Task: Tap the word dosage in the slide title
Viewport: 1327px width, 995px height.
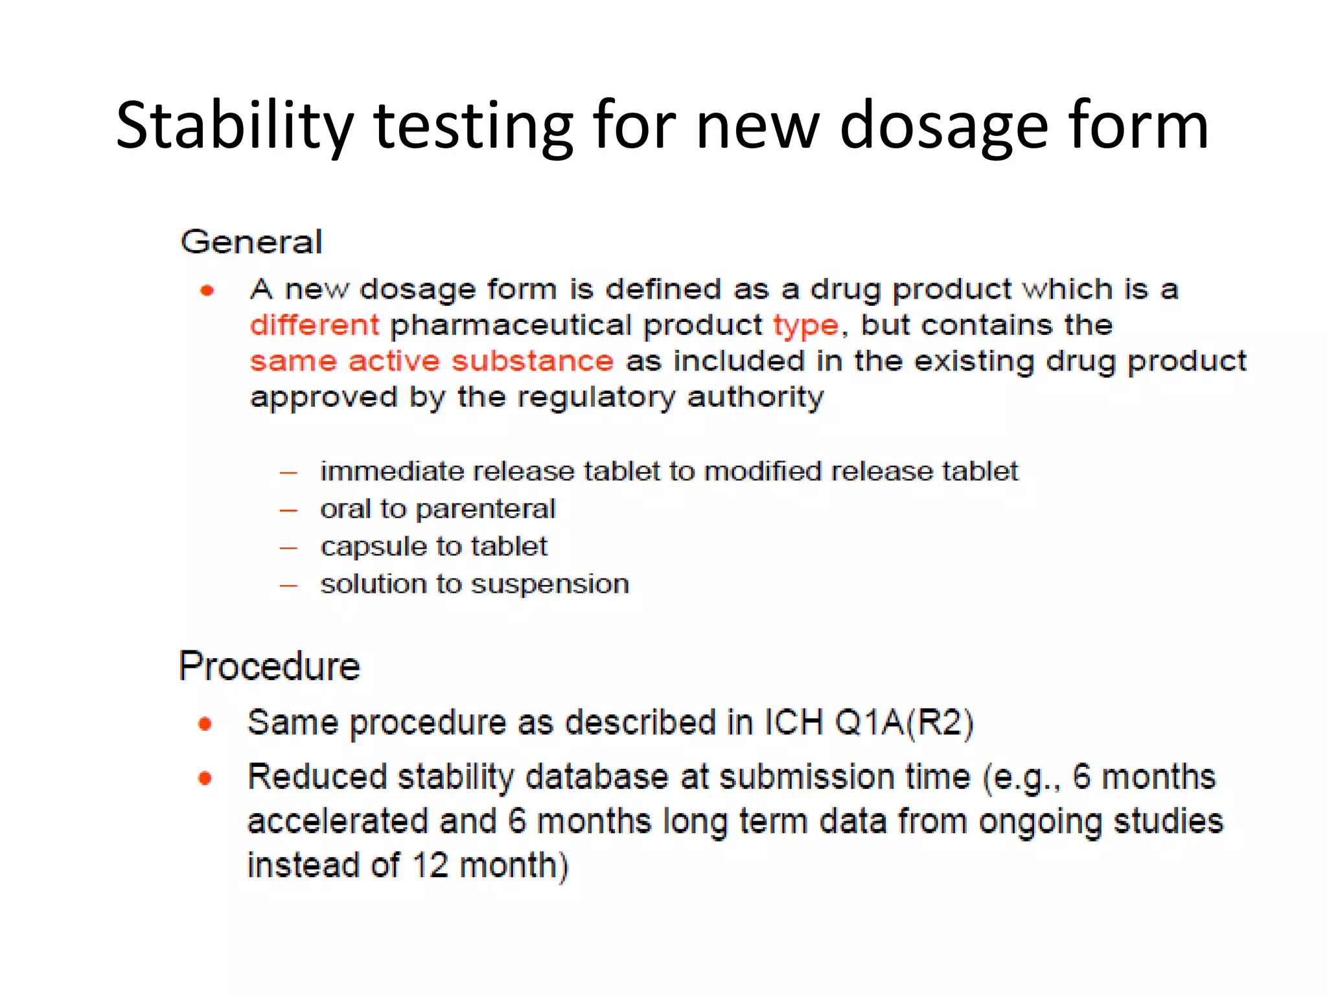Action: coord(943,126)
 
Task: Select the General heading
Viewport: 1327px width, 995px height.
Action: coord(251,242)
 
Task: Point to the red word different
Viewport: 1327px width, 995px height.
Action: coord(315,325)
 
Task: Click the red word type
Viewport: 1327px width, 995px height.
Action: coord(806,326)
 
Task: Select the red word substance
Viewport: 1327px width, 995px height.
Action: coord(532,361)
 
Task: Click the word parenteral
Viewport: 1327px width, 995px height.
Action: coord(485,510)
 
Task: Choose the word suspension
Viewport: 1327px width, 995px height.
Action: coord(550,585)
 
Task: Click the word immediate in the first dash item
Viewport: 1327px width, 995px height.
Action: coord(391,472)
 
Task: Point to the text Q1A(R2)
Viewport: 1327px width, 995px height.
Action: coord(904,722)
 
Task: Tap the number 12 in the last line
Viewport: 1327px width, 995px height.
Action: coord(430,865)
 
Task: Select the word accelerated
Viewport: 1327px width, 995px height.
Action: coord(337,821)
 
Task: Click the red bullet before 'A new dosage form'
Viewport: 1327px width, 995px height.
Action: coord(207,290)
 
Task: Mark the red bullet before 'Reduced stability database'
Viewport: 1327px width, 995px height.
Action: coord(205,777)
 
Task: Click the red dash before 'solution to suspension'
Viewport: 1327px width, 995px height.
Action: coord(288,586)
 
